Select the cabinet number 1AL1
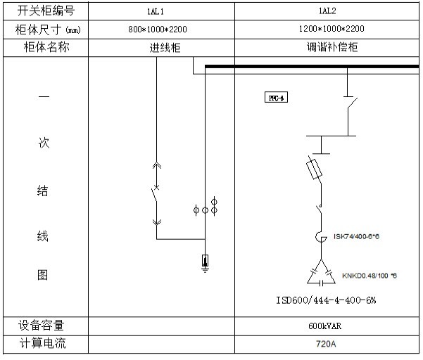point(160,11)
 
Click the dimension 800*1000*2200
point(160,30)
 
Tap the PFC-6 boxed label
point(274,98)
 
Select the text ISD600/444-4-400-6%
point(326,300)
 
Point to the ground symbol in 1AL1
point(205,263)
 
